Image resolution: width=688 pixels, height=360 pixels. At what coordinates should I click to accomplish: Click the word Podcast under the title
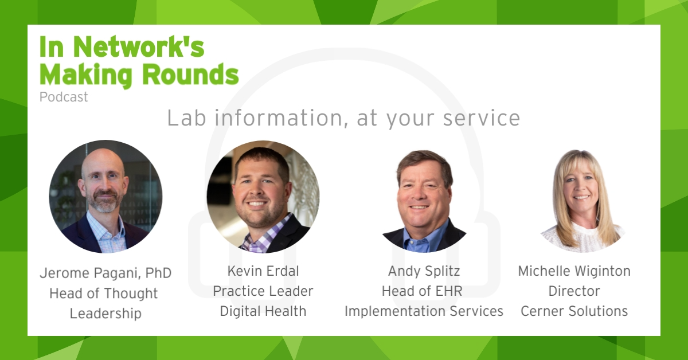[x=64, y=97]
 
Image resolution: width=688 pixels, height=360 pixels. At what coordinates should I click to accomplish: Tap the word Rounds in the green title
[x=190, y=75]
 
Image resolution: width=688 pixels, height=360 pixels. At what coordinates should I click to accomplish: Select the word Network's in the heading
[x=139, y=47]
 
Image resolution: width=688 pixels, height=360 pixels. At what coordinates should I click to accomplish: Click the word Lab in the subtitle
[x=186, y=118]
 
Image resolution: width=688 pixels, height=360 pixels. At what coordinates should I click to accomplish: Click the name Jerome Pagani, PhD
[x=105, y=273]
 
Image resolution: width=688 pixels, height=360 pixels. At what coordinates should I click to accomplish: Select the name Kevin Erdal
[x=263, y=271]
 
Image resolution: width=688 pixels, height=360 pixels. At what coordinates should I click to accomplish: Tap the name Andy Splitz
[x=424, y=271]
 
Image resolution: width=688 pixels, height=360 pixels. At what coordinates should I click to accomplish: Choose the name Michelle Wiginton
[x=574, y=271]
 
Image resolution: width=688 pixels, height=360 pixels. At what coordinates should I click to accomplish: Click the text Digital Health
[x=263, y=311]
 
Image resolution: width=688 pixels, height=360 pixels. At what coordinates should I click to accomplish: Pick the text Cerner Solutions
[x=574, y=311]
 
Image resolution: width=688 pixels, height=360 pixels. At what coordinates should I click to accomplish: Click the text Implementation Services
[x=424, y=311]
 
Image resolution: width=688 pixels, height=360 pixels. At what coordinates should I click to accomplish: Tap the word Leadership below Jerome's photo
[x=105, y=314]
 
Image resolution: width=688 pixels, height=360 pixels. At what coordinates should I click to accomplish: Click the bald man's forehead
[x=103, y=161]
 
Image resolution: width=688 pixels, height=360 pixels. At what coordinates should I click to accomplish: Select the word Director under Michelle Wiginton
[x=574, y=291]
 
